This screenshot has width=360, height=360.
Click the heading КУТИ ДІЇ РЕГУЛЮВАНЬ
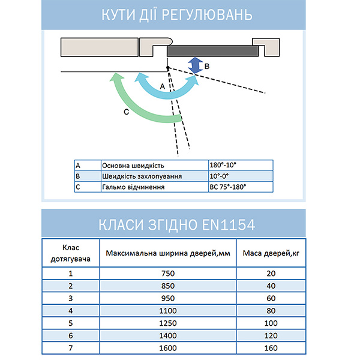180,14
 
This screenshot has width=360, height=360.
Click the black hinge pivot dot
168,68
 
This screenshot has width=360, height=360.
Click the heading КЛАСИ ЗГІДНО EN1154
180,224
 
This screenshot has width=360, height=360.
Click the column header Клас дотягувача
70,253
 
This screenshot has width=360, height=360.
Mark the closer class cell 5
70,323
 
